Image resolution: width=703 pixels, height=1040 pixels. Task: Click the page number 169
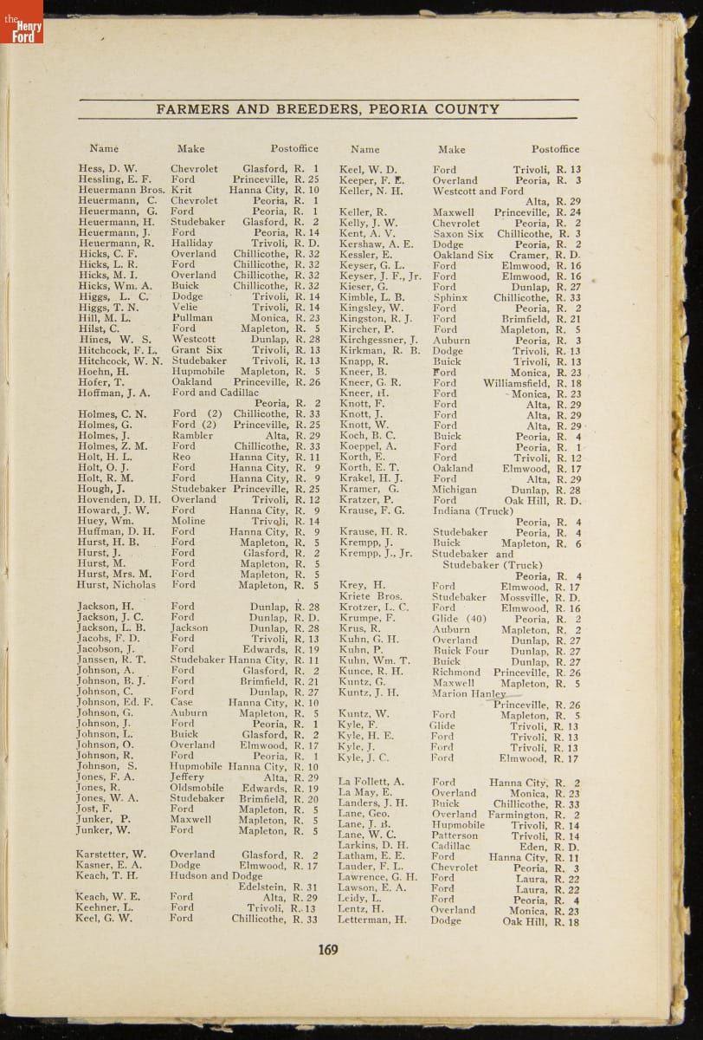click(x=327, y=949)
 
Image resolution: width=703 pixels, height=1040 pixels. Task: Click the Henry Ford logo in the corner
click(x=21, y=23)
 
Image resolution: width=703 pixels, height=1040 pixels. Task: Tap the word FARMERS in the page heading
click(x=192, y=109)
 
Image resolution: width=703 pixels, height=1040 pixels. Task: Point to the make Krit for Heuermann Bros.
click(x=182, y=190)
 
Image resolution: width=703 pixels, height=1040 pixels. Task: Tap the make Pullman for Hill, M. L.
click(x=192, y=318)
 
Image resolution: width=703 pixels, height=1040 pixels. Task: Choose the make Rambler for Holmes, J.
click(x=192, y=436)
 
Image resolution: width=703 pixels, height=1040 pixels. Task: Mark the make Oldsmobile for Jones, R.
click(x=197, y=789)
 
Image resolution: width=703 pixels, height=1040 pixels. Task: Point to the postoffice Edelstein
click(x=263, y=887)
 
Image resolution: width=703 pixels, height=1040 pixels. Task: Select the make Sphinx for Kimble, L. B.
click(x=450, y=297)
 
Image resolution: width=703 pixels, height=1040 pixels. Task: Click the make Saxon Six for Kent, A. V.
click(x=458, y=234)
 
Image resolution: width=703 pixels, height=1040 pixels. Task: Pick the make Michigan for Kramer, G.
click(x=455, y=490)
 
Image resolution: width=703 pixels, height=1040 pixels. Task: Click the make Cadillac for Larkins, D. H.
click(x=451, y=846)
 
